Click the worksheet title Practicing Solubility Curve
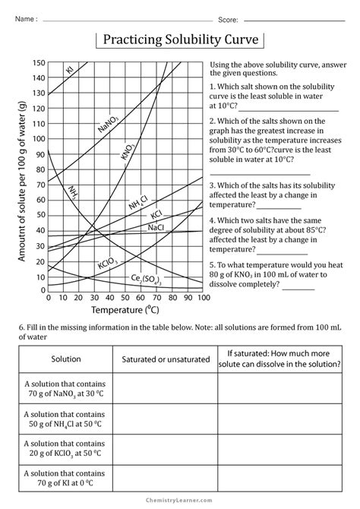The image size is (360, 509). point(179,39)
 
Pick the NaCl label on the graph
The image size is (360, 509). point(156,226)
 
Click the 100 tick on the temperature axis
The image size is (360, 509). point(202,298)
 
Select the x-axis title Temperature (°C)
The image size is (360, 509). point(125,311)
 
